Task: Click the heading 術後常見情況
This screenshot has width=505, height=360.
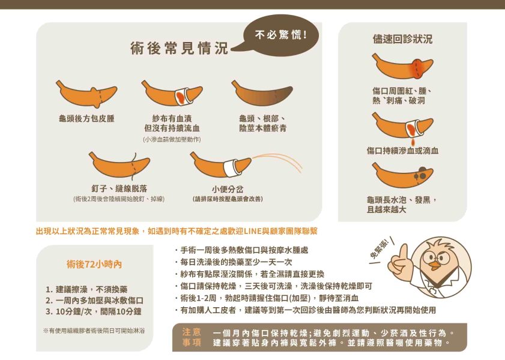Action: coord(180,49)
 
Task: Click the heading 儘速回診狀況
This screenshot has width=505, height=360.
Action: coord(402,39)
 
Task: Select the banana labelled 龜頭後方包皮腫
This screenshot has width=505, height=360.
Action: coord(86,94)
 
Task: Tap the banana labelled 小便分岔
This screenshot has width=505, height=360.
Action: coord(220,164)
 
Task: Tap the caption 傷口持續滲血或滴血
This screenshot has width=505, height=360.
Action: coord(402,151)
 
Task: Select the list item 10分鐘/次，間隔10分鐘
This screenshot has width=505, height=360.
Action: coord(94,311)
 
